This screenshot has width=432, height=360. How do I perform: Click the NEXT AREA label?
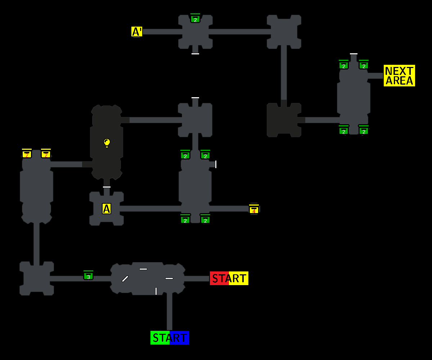tap(399, 76)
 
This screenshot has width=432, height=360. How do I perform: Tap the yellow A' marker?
tap(136, 32)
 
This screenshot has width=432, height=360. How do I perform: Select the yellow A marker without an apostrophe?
tap(106, 208)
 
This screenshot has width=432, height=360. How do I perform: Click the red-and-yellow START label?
tap(229, 278)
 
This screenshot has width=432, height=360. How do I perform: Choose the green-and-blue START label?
tap(170, 338)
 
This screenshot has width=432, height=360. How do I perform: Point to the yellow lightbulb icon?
tap(107, 143)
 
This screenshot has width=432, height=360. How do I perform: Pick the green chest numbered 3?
tap(88, 276)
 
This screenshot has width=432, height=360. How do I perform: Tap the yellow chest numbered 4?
tap(254, 210)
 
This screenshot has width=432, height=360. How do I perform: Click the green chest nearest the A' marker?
tap(195, 19)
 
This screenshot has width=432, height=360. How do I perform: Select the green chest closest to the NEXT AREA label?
tap(364, 65)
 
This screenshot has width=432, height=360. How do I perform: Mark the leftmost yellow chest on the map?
tap(27, 154)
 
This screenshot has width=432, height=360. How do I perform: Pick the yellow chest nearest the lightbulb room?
tap(46, 154)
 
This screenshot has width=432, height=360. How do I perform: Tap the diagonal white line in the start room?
tap(125, 279)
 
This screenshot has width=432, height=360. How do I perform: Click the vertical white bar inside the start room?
tap(156, 291)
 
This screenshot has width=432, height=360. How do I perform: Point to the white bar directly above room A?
tap(107, 187)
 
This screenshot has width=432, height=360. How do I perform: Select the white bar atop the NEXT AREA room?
tap(354, 54)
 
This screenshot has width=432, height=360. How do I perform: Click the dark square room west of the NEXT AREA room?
tap(284, 120)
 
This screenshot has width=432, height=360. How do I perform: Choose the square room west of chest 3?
tap(36, 278)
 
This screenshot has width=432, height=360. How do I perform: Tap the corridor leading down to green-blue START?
tap(169, 311)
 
